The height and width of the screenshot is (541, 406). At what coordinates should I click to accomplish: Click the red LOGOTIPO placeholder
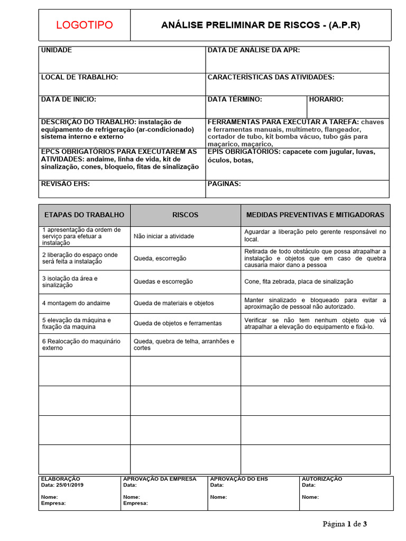[84, 25]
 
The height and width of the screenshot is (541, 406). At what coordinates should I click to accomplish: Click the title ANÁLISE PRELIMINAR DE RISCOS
[261, 25]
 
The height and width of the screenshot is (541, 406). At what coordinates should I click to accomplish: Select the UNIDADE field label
[57, 50]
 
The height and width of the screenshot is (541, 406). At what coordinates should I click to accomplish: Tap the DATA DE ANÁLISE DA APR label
[254, 50]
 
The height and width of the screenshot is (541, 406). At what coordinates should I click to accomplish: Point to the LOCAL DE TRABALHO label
[79, 77]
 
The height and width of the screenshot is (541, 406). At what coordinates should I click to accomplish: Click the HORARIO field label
[326, 99]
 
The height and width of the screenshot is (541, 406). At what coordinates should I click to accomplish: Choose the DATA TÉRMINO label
[235, 99]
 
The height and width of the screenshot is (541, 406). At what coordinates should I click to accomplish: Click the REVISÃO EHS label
[66, 184]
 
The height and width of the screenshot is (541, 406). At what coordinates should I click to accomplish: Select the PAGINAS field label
[224, 184]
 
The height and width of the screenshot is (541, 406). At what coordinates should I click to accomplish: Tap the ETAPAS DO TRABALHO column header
[84, 215]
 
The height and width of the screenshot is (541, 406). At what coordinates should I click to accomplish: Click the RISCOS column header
[186, 215]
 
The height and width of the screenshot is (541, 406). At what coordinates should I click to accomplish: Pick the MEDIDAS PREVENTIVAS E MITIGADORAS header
[315, 215]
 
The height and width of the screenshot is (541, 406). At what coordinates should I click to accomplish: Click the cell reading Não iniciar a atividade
[164, 236]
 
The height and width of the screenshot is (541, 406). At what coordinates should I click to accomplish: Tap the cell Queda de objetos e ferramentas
[178, 323]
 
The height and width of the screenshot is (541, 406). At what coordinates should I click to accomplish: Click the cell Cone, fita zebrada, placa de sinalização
[299, 282]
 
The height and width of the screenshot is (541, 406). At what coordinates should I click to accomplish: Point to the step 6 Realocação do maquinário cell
[81, 344]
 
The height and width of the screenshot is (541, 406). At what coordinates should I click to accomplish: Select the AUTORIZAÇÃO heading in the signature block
[321, 479]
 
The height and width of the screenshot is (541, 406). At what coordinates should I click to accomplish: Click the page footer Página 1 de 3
[345, 524]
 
